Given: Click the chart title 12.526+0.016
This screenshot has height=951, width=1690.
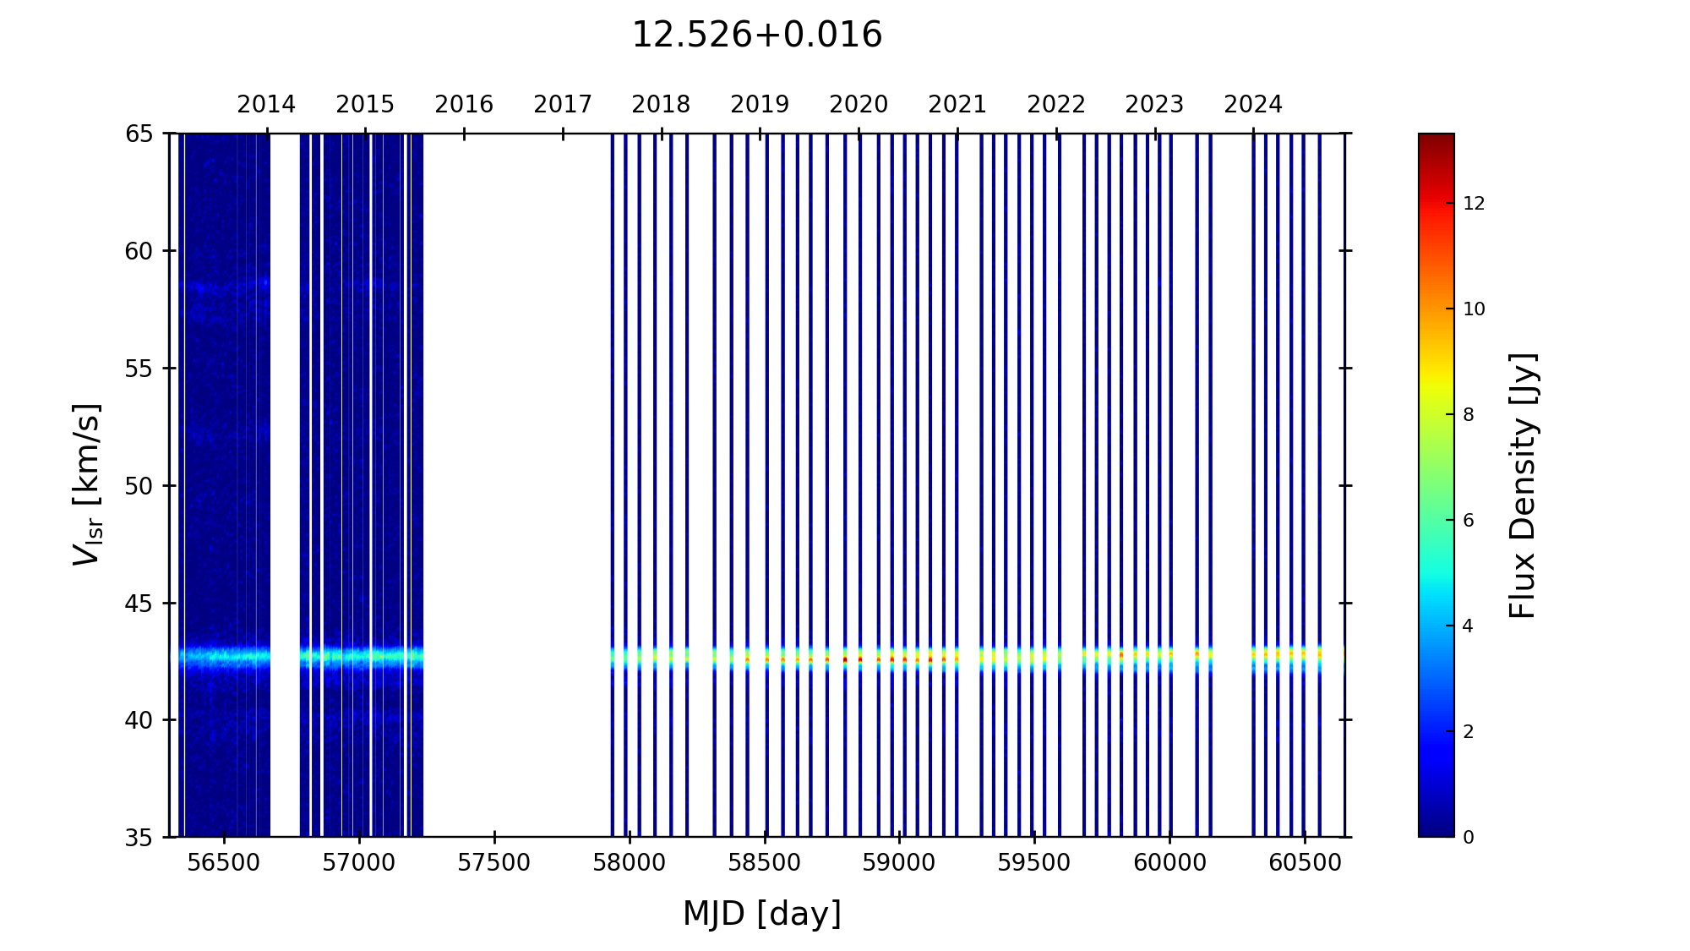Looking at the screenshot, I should pyautogui.click(x=756, y=36).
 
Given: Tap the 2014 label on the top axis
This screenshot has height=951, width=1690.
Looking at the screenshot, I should pyautogui.click(x=266, y=105).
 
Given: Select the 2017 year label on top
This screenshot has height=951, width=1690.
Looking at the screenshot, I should pyautogui.click(x=563, y=105).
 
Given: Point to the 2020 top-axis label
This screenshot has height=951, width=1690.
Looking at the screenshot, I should pyautogui.click(x=859, y=105).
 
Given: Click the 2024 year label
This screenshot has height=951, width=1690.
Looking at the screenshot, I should pyautogui.click(x=1253, y=105).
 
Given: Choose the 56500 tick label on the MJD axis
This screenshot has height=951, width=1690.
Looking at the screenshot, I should pyautogui.click(x=224, y=863).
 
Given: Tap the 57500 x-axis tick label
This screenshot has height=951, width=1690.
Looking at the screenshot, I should pyautogui.click(x=494, y=863).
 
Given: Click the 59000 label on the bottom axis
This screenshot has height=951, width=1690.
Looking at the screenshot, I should pyautogui.click(x=899, y=863).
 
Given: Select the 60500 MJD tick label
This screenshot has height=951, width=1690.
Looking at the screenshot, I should pyautogui.click(x=1305, y=863).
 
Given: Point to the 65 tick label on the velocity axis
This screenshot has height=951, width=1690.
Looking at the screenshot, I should pyautogui.click(x=139, y=134).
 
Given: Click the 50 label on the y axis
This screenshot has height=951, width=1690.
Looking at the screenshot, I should pyautogui.click(x=139, y=486).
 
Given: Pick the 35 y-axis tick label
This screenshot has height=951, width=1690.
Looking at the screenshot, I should pyautogui.click(x=139, y=838).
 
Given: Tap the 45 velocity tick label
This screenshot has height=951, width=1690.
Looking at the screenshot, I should pyautogui.click(x=139, y=604).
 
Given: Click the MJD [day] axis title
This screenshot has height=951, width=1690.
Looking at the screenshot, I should pyautogui.click(x=762, y=914).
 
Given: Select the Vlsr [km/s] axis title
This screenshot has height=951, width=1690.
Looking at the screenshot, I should pyautogui.click(x=87, y=484).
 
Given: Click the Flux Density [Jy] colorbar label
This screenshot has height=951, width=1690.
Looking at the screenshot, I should pyautogui.click(x=1523, y=485).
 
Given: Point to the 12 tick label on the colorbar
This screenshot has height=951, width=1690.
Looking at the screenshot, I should pyautogui.click(x=1474, y=204).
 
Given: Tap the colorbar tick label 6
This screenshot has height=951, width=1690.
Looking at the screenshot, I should pyautogui.click(x=1469, y=521).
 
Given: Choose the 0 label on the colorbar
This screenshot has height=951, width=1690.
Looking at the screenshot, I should pyautogui.click(x=1469, y=838).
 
